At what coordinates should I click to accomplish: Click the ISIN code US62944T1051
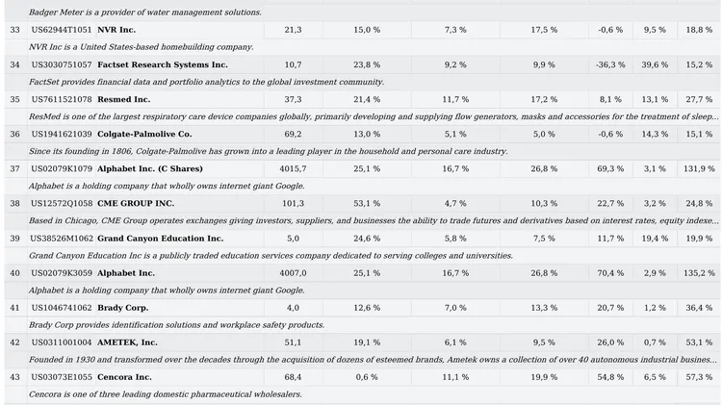click(62, 30)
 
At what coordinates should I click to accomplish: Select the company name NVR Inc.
click(116, 30)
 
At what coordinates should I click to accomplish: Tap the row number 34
click(14, 64)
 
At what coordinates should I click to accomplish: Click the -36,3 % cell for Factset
click(609, 64)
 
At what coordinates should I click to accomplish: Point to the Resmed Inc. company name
click(124, 99)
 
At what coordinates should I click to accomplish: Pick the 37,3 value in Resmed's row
click(293, 99)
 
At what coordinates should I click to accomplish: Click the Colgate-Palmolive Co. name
click(144, 134)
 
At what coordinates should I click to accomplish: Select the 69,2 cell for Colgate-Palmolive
click(293, 134)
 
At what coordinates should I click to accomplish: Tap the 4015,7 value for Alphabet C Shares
click(293, 168)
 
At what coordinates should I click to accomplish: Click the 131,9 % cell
click(698, 168)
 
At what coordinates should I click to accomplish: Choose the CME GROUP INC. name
click(136, 203)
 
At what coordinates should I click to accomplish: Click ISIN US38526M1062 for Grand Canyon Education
click(62, 238)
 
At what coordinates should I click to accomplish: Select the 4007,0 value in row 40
click(293, 272)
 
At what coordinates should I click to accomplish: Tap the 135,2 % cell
click(698, 272)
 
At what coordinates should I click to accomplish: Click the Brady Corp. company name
click(122, 307)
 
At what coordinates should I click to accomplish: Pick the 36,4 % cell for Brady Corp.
click(700, 307)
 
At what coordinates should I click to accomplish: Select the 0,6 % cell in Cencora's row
click(367, 376)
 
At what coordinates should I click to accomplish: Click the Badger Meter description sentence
click(144, 13)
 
